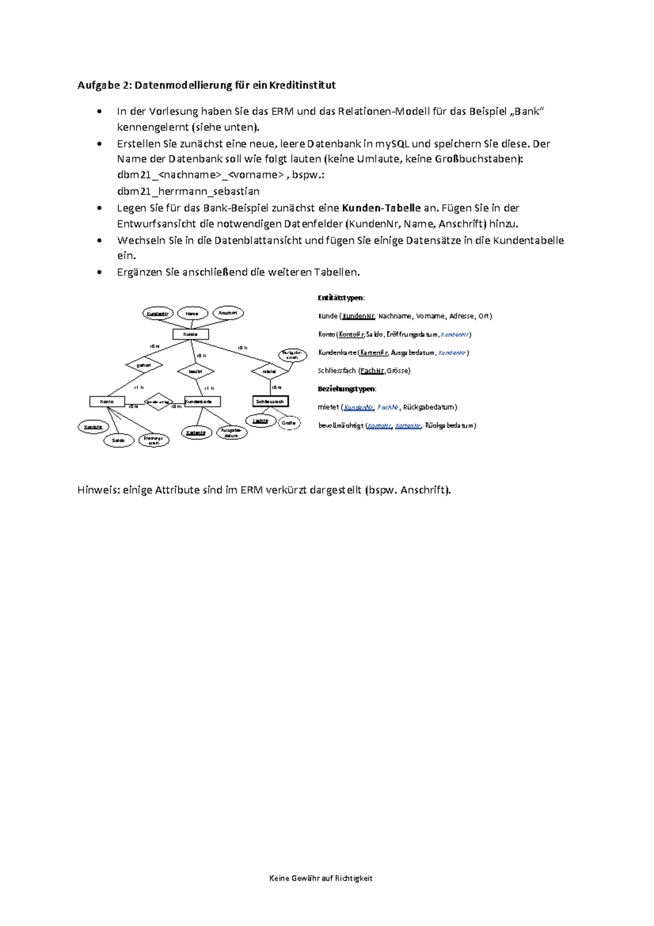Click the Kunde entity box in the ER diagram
[x=190, y=334]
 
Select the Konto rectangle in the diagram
[x=107, y=401]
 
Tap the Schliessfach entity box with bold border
[x=270, y=401]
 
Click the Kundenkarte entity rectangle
[x=202, y=401]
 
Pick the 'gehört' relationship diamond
[x=144, y=365]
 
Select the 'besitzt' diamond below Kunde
[x=196, y=371]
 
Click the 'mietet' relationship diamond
[x=269, y=371]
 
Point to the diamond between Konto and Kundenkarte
[x=158, y=402]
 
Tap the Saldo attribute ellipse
[x=119, y=440]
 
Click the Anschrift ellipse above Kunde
[x=228, y=313]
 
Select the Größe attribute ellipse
[x=289, y=423]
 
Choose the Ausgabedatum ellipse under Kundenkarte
[x=232, y=433]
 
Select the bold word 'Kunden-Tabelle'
[x=381, y=208]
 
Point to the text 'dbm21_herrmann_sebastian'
[x=188, y=191]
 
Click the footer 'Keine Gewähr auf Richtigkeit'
[x=320, y=878]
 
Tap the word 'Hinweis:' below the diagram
[x=99, y=490]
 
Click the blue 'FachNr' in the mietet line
[x=387, y=407]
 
